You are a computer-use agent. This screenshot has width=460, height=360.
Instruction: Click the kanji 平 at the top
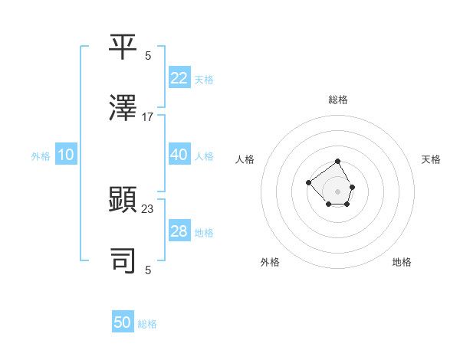coord(123,48)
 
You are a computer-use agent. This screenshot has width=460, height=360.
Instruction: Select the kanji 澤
coord(123,109)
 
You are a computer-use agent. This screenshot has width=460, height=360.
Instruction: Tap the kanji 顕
coord(123,201)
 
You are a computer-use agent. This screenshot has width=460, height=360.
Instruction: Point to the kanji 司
coord(123,261)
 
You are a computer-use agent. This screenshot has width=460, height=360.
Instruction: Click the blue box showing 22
coord(179,78)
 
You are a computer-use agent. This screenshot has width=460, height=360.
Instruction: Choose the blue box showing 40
coord(179,155)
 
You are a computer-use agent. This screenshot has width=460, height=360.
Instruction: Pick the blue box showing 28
coord(179,231)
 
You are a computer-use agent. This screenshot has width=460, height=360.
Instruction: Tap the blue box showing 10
coord(66,155)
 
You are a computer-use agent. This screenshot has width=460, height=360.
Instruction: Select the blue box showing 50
coord(123,322)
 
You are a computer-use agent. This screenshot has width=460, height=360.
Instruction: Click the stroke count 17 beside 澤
coord(148,117)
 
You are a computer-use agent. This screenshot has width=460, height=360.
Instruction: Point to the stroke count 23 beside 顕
coord(148,209)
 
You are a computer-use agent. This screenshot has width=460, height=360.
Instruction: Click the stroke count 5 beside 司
coord(148,270)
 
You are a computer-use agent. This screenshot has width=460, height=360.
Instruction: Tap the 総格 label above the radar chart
coord(338,100)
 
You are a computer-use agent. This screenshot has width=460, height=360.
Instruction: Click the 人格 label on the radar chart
coord(245,159)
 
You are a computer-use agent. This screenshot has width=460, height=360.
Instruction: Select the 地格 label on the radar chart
coord(402,262)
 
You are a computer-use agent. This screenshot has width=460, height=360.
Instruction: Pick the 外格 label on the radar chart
coord(270,262)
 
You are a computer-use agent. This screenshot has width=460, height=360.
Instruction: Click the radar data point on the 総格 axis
coord(338,162)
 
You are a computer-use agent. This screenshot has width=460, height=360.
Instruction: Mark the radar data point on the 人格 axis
coord(307,182)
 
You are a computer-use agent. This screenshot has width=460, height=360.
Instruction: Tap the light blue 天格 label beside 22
coord(204,79)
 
